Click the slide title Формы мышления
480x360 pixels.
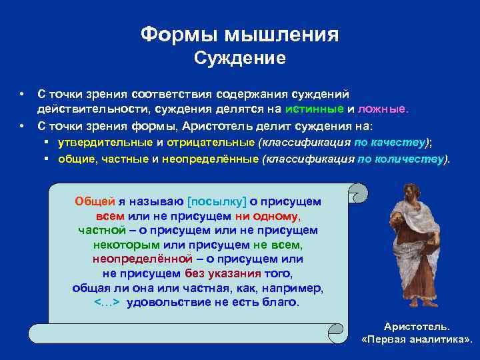(239, 34)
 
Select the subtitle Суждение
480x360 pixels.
(239, 59)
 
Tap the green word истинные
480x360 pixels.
(314, 109)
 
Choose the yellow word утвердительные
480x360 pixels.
(106, 142)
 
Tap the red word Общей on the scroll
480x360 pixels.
(95, 201)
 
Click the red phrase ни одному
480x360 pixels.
(267, 215)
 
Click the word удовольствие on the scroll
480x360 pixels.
(166, 302)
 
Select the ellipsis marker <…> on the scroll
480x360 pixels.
(107, 302)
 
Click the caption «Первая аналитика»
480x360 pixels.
(416, 339)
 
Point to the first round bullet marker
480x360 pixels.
(22, 94)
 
